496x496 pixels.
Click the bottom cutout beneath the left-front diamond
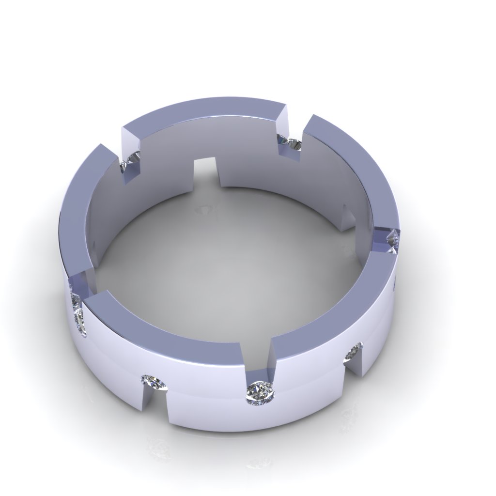coord(154,402)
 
